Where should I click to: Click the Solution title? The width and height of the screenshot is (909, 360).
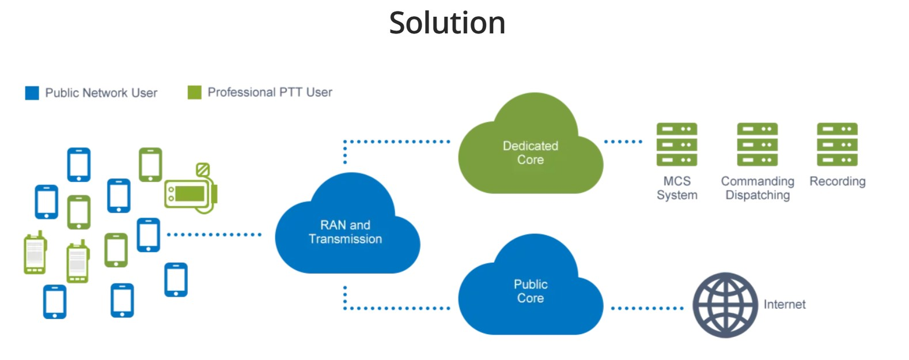447,23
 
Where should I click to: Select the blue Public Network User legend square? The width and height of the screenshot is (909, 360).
32,93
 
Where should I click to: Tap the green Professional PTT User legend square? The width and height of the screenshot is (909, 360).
195,92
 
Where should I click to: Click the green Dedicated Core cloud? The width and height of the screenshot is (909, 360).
531,153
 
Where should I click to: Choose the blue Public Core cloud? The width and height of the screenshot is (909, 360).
531,291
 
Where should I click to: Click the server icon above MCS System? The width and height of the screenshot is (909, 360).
677,145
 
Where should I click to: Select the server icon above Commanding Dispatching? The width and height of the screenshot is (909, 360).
757,145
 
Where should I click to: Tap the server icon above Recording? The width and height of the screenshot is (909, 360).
837,145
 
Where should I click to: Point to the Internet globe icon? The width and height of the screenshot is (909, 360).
725,305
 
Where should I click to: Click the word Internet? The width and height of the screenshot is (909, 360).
785,305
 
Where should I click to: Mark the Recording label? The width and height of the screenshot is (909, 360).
837,181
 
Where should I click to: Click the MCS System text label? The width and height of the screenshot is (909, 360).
677,188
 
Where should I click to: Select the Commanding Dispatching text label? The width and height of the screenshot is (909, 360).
757,188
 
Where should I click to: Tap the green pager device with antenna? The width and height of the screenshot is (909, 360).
191,191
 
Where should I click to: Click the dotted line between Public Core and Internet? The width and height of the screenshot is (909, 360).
647,308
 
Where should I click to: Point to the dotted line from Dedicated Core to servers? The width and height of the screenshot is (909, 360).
623,142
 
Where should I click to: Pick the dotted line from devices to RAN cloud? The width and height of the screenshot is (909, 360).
214,234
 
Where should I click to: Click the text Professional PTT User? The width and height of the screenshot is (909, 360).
270,92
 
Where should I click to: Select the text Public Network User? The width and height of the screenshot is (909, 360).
101,93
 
